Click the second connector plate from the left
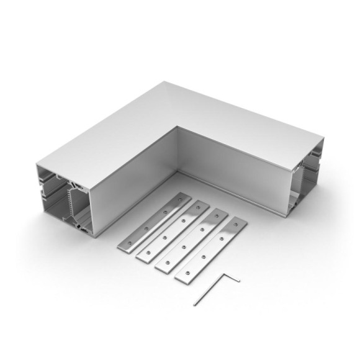173,232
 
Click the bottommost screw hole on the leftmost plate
130,243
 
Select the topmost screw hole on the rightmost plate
234,225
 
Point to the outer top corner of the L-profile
166,82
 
